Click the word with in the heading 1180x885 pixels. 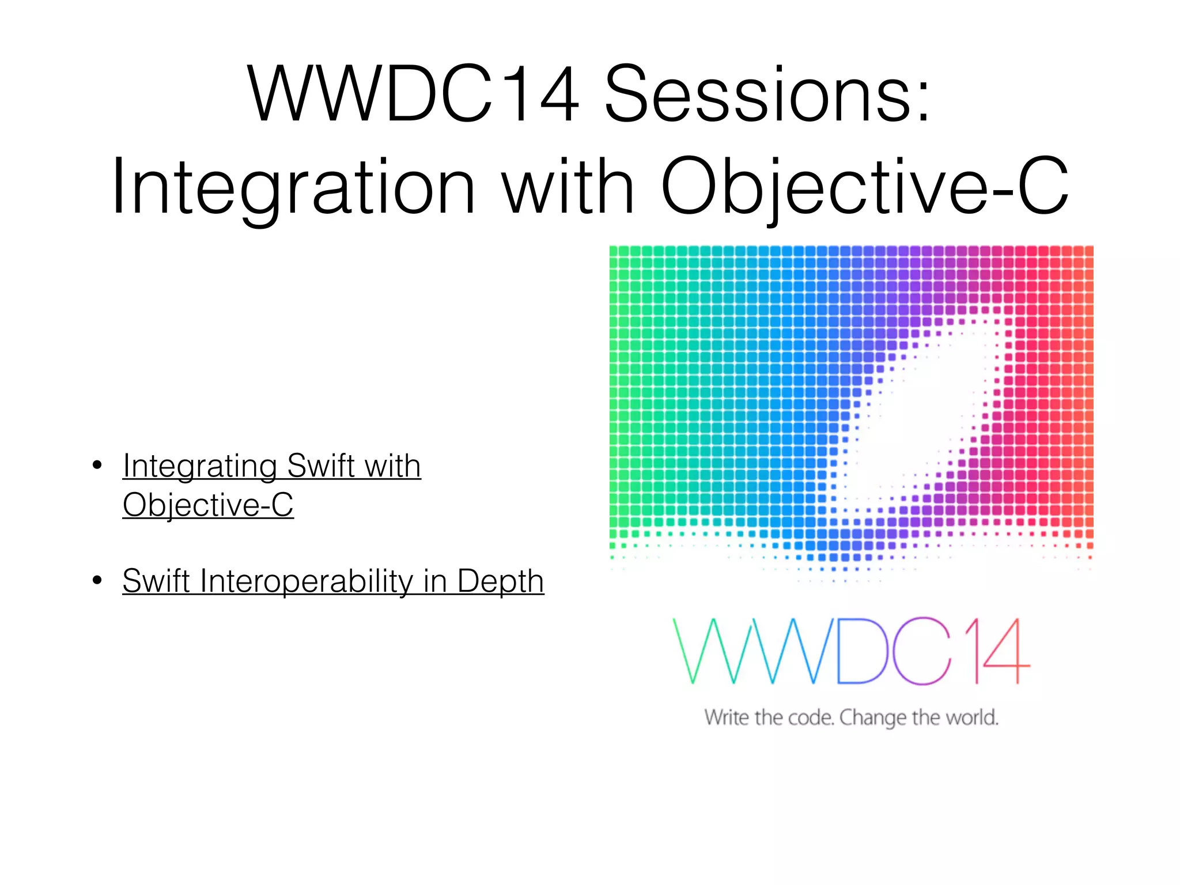click(x=568, y=187)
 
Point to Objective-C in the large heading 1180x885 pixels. click(x=864, y=187)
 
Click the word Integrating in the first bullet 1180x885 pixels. click(x=200, y=466)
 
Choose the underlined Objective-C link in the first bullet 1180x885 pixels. click(x=208, y=505)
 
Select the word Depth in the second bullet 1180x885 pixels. click(x=500, y=581)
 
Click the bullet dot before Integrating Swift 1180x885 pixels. click(x=97, y=465)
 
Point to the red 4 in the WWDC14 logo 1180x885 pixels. click(x=1005, y=651)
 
